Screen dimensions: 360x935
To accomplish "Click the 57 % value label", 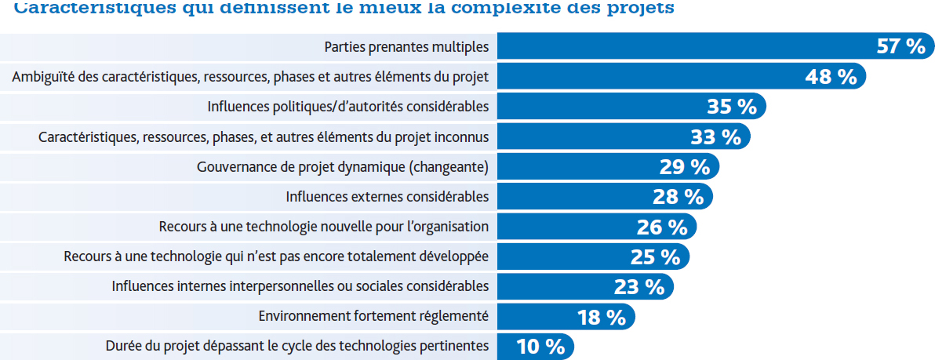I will (900, 46).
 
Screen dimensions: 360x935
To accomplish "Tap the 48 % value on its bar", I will (831, 76).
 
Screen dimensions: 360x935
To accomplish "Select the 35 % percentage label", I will (732, 106).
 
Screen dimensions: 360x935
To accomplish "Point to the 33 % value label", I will (715, 136).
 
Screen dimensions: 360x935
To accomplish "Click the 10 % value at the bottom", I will (540, 346).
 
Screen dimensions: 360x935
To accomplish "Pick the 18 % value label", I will (601, 316).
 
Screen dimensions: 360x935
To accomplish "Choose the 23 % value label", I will (639, 286).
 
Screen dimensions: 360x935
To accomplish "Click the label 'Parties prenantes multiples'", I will (406, 47).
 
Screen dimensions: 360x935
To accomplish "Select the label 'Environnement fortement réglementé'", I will (373, 316).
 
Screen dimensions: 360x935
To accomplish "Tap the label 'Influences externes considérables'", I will (387, 196).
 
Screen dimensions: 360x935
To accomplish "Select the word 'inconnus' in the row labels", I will (463, 136).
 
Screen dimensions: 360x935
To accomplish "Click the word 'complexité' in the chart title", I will (509, 9).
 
